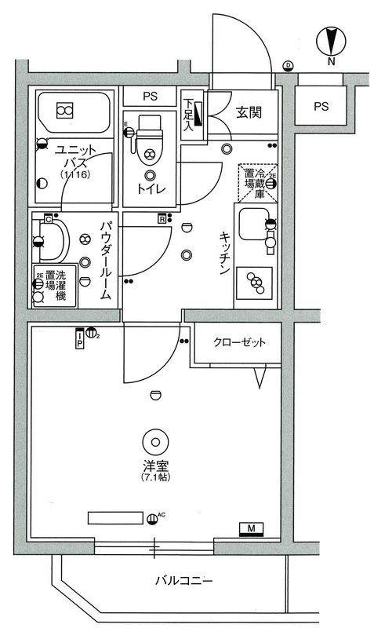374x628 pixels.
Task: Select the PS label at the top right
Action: point(321,106)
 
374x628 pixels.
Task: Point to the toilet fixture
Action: point(149,141)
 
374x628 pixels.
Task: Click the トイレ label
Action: point(150,188)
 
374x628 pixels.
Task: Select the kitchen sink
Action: point(254,228)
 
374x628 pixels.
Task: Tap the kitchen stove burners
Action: point(256,283)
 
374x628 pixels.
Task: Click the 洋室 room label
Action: point(154,466)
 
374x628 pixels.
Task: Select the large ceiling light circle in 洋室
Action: point(154,439)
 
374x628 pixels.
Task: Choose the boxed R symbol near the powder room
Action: point(162,219)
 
